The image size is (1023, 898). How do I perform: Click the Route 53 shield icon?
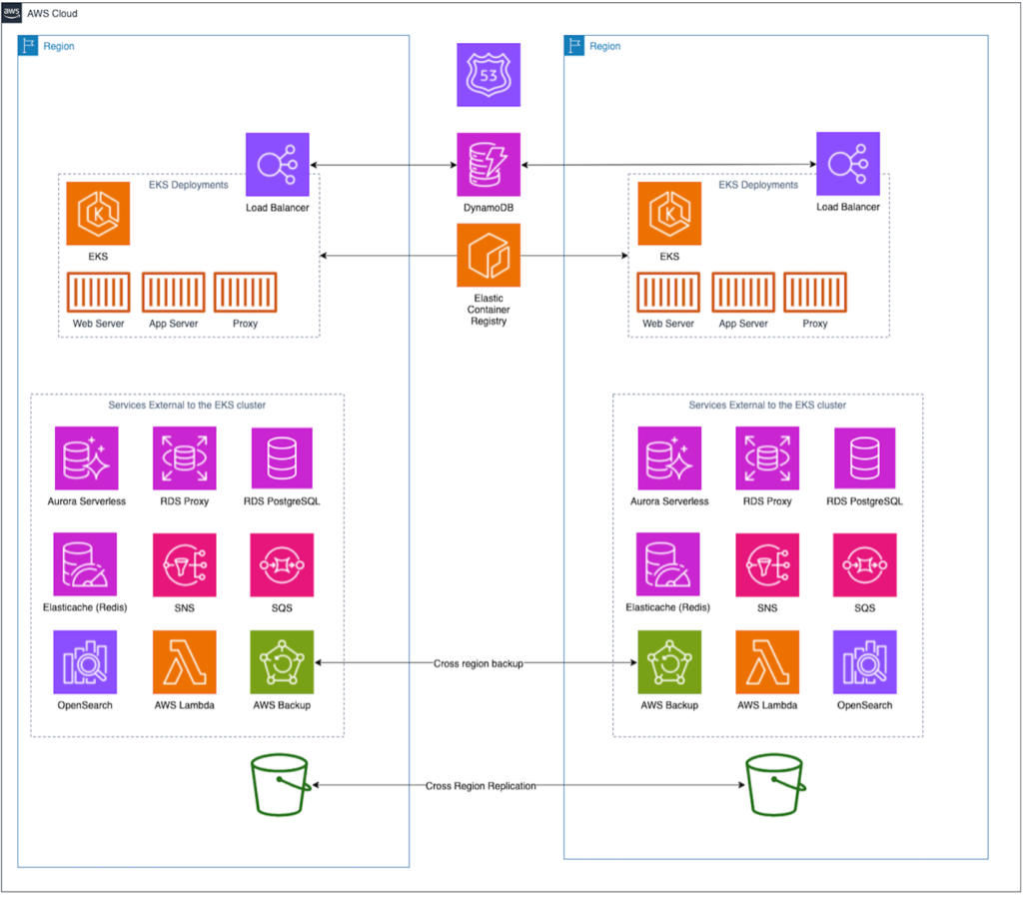tap(489, 75)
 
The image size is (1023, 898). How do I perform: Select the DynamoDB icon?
tap(489, 165)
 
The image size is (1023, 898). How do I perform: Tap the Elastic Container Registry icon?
tap(489, 255)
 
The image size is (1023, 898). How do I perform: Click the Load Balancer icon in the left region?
tap(277, 165)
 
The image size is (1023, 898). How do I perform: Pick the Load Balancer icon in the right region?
tap(848, 164)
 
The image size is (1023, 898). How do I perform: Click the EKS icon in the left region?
tap(98, 213)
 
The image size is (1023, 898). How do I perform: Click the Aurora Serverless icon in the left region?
tap(86, 458)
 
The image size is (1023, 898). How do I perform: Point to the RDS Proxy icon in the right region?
tap(767, 458)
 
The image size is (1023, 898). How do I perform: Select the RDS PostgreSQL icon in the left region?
tap(282, 458)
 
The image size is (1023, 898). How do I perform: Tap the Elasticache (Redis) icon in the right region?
tap(668, 564)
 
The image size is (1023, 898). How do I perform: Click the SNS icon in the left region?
tap(184, 564)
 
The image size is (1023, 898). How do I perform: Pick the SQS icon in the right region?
tap(864, 564)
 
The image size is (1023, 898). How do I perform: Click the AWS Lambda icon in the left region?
tap(184, 662)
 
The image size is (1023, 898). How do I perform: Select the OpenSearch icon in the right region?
tap(864, 662)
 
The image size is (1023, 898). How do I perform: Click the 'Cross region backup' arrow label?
tap(478, 663)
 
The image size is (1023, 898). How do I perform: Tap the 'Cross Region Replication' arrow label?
tap(481, 786)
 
